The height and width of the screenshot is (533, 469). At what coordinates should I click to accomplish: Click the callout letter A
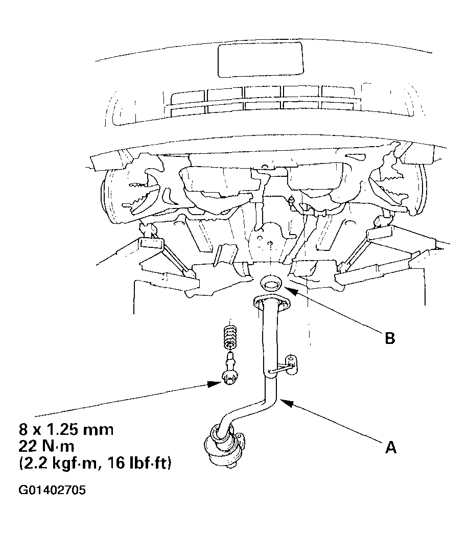tap(391, 447)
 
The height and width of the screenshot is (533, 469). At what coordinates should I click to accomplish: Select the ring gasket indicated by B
tap(271, 283)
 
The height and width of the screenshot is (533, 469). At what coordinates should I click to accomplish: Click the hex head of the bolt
tap(229, 377)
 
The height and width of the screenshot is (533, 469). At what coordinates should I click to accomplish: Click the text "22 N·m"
tap(46, 446)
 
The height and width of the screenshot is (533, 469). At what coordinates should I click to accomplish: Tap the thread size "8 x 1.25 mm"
tap(66, 430)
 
